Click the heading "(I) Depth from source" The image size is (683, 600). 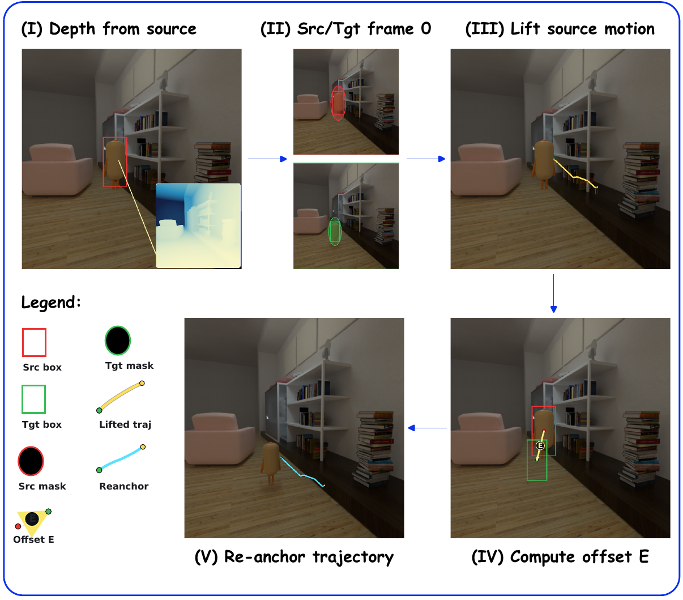coord(109,29)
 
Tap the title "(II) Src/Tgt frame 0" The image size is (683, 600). coord(345,29)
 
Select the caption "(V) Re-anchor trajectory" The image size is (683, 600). coord(294,557)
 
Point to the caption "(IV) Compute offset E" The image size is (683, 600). coord(560,557)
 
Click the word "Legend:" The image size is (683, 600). coord(51,302)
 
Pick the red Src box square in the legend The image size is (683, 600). coord(34,342)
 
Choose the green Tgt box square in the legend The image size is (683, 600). coord(34,399)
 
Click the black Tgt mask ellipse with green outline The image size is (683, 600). coord(118,341)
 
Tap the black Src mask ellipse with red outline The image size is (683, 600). coord(31,461)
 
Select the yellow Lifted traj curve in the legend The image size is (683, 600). coord(121,397)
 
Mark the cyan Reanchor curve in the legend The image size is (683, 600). coord(121,458)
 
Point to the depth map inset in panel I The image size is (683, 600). coord(198,225)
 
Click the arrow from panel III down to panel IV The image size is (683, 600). coord(553,293)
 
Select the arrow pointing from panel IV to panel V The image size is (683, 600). coord(428,428)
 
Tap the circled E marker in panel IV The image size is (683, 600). coord(540,446)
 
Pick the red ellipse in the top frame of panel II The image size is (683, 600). coord(338,103)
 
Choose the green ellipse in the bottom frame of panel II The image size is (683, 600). coord(335,232)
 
